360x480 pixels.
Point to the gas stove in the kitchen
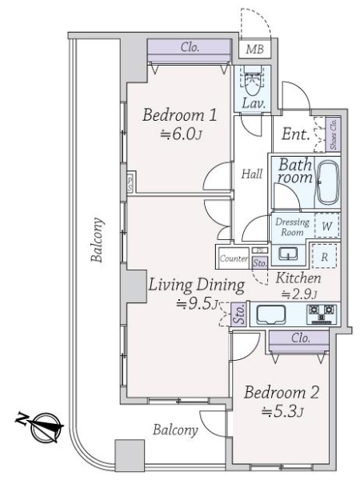(324, 314)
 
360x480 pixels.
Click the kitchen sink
(272, 314)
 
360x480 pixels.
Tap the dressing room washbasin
(289, 254)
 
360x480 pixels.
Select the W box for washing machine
(326, 226)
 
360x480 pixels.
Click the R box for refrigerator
(326, 257)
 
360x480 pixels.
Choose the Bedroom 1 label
(174, 117)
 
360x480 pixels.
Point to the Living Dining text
(194, 285)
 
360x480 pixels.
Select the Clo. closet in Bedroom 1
(190, 48)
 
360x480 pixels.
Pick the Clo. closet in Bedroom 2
(300, 338)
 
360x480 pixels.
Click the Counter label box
(232, 259)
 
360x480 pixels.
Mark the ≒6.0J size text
(174, 135)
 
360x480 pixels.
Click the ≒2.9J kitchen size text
(298, 294)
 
